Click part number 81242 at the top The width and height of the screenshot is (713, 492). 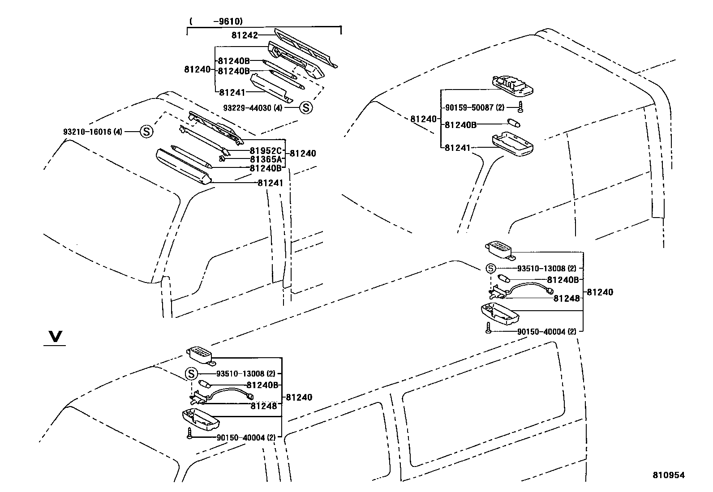tap(245, 35)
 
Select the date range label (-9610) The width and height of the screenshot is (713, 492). tap(215, 21)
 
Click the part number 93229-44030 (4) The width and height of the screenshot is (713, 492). tap(253, 108)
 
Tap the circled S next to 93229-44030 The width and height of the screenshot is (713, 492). tap(306, 107)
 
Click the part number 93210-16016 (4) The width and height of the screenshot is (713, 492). tap(92, 132)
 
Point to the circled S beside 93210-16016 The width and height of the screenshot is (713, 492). tap(146, 132)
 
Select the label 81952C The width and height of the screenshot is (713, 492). tap(266, 150)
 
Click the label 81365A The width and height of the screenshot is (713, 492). tap(266, 159)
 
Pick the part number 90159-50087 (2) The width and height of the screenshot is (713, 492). tap(475, 108)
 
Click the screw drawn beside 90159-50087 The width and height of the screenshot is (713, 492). tap(521, 107)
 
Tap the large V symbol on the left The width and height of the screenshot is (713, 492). tap(55, 337)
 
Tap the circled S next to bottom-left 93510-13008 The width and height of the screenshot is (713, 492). tap(191, 373)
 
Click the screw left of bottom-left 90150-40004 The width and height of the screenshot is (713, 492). tap(190, 433)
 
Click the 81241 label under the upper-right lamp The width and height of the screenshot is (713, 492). tap(457, 147)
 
